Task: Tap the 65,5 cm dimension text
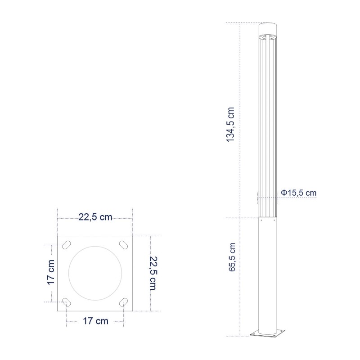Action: (232, 257)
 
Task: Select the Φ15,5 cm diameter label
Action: (299, 193)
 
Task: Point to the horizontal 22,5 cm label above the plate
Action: (95, 217)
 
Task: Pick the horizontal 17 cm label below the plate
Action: (95, 321)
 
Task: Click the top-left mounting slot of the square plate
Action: (66, 244)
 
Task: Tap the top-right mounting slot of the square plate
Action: (123, 244)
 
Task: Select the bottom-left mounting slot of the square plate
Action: (66, 302)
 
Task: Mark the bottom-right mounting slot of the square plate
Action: (123, 302)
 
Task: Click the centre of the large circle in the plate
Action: (95, 273)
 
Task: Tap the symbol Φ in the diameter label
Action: (284, 193)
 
